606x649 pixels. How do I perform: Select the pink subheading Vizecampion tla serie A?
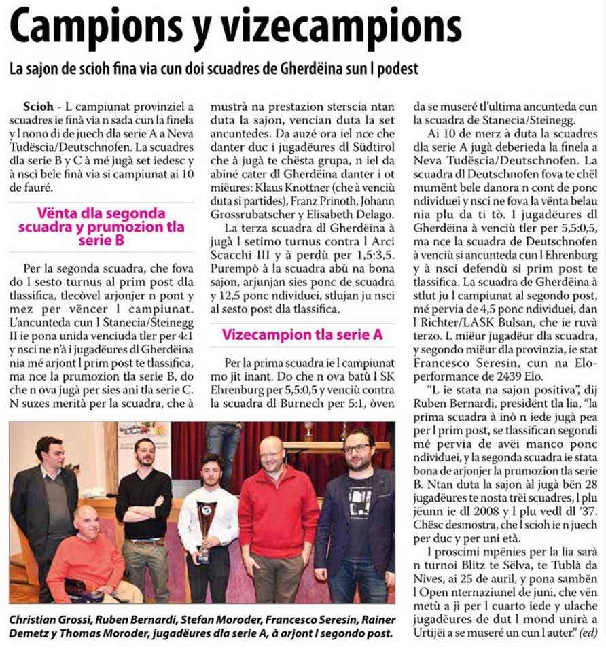tap(302, 335)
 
